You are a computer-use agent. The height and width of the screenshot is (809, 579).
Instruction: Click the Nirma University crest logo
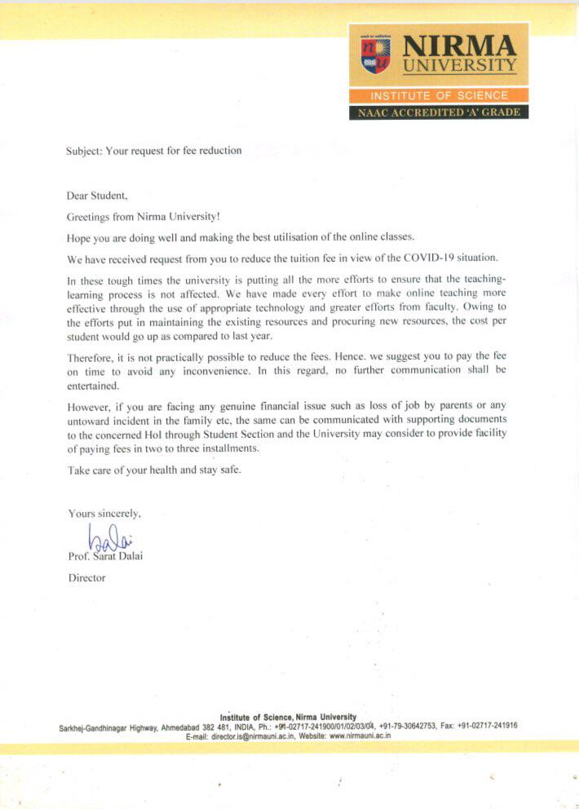tap(376, 55)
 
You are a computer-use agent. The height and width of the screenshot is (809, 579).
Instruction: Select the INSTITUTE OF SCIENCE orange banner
tap(439, 95)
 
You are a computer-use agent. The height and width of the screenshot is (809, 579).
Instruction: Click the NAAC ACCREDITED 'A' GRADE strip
tap(439, 112)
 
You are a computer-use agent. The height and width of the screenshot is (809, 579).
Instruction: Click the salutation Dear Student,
tap(98, 196)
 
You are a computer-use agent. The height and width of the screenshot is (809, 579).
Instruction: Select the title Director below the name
tap(86, 578)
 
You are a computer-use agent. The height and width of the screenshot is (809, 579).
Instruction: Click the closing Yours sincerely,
tap(105, 514)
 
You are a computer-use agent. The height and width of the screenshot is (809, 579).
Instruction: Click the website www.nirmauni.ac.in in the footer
tap(360, 736)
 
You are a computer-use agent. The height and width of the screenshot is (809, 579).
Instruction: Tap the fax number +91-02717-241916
tap(487, 726)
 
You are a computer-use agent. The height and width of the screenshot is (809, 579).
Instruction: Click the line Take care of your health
tap(144, 471)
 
